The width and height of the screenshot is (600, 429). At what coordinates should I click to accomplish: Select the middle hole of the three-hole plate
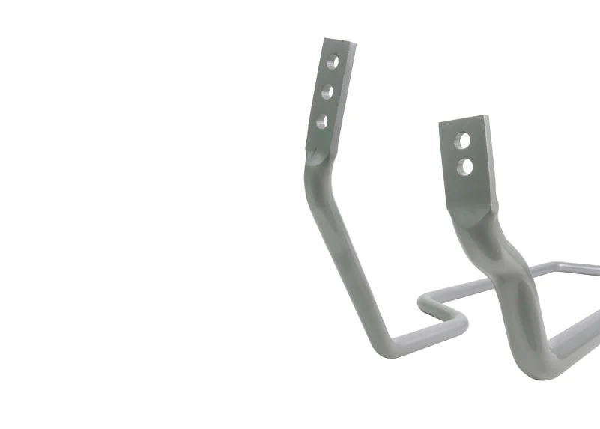click(327, 93)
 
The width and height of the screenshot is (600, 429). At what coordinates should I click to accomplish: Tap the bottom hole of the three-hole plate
click(322, 120)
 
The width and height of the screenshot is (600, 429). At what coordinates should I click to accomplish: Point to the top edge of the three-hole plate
click(339, 41)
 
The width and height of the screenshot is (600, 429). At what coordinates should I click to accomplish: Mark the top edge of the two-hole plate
click(464, 121)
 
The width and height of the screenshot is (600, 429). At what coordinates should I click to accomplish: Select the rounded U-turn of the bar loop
click(458, 323)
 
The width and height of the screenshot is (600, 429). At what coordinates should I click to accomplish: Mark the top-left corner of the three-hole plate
click(326, 39)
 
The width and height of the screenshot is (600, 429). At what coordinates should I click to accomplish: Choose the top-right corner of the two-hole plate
click(487, 117)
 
